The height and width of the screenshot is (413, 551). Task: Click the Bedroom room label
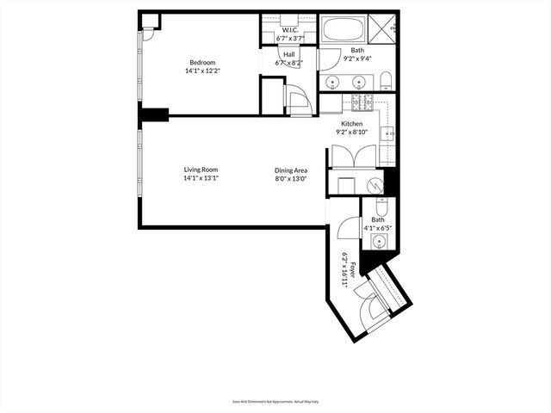point(202,62)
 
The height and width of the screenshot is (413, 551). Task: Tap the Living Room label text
point(201,170)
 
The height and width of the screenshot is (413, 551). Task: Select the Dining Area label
point(291,170)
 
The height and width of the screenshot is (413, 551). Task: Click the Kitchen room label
point(351,124)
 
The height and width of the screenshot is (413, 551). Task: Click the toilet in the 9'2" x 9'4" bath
point(386,82)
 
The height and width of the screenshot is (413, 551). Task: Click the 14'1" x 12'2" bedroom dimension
point(201,71)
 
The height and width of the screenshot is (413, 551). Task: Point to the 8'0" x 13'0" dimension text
point(291,179)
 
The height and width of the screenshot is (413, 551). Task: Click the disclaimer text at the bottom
point(275,401)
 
